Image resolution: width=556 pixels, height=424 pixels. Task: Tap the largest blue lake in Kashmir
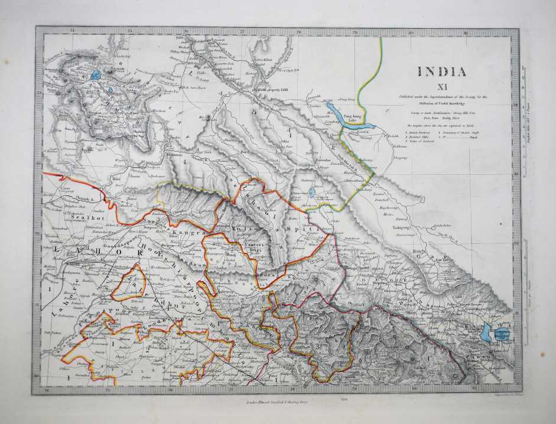pos(96,76)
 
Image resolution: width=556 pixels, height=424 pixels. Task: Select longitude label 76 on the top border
pos(186,31)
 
